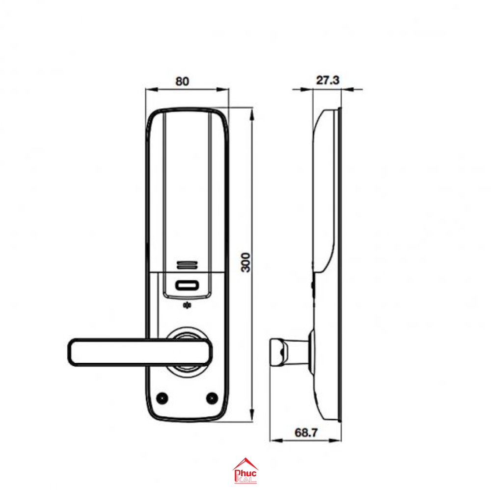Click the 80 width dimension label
click(182, 82)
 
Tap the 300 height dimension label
click(246, 262)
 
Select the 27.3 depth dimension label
click(327, 80)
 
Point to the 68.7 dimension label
click(306, 433)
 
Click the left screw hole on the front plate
click(162, 398)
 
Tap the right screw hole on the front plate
click(212, 398)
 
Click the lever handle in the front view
click(139, 352)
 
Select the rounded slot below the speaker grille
click(187, 286)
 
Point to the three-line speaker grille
click(187, 265)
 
